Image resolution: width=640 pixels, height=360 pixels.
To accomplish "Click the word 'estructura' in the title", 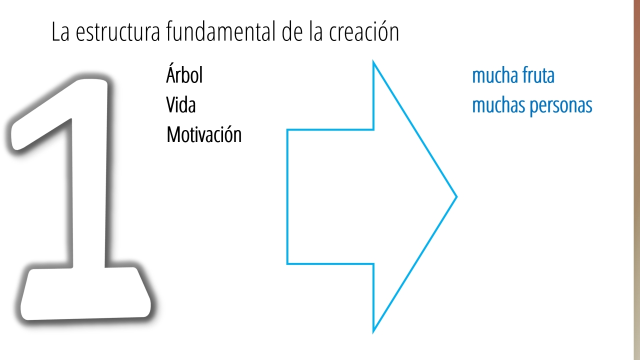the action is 117,31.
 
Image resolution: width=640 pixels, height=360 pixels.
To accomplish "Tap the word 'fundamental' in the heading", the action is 221,31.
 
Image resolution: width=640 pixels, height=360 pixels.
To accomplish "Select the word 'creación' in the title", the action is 364,31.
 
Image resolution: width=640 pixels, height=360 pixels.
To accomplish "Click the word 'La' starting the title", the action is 60,31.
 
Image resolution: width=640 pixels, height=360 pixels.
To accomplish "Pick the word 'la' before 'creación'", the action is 316,31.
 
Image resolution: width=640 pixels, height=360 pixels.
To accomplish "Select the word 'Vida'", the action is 181,104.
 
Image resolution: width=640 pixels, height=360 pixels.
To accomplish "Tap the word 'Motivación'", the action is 204,134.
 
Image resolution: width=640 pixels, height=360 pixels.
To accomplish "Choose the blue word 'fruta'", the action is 538,75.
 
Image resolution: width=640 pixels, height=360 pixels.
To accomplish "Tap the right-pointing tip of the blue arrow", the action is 456,196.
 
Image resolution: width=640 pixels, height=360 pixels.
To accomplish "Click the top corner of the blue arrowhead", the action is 373,61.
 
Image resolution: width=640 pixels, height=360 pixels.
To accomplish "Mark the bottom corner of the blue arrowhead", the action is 373,332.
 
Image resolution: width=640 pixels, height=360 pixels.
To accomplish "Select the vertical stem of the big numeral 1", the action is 89,177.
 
